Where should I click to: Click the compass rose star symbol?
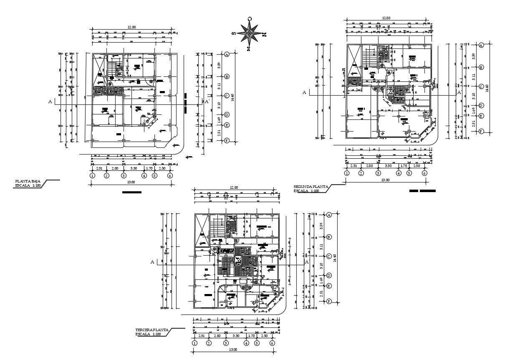250,34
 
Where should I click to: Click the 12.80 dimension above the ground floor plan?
131,27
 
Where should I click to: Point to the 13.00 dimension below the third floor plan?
233,350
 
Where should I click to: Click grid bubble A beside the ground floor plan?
227,54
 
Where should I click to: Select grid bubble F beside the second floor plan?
481,131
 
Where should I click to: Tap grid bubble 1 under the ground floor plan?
92,176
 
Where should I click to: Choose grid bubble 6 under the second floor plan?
424,173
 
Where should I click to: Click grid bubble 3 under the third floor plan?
226,343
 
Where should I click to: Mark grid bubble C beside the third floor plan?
329,256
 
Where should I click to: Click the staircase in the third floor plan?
217,227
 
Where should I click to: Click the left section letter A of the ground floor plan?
50,101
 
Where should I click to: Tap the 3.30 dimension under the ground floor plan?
134,168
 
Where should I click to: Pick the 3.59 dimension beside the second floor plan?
473,56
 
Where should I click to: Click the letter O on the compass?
249,19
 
